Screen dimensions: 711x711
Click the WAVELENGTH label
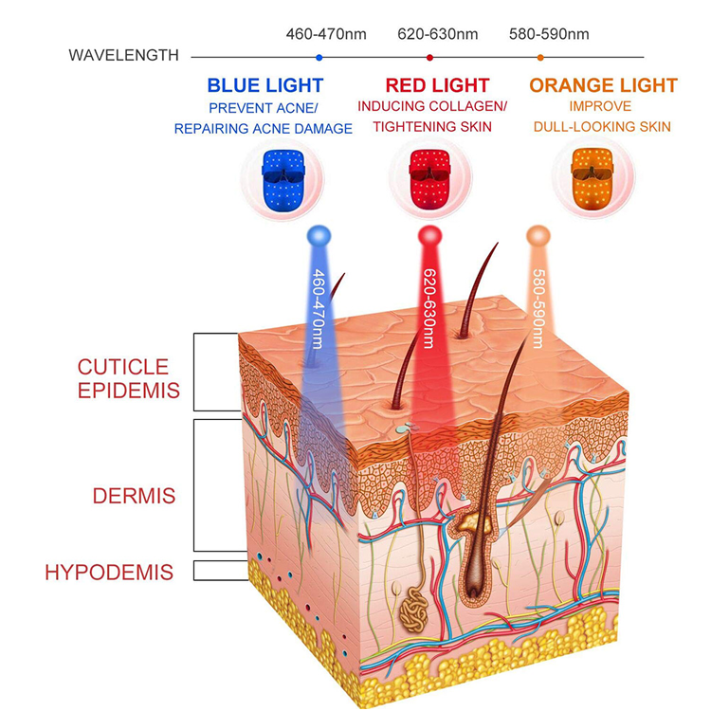(123, 55)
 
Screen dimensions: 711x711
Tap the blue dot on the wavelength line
(319, 58)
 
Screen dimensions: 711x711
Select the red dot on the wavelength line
(429, 58)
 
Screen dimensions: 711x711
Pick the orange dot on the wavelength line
(540, 58)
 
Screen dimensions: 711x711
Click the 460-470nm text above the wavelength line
(326, 34)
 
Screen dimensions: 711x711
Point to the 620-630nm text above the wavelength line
(438, 34)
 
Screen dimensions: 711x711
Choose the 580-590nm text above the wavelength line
(549, 34)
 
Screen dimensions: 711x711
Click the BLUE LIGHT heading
(265, 85)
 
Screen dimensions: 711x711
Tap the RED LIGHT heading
(438, 85)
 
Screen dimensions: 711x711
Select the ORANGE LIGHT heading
(603, 85)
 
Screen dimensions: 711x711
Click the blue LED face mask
(283, 180)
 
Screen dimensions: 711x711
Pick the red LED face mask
(429, 179)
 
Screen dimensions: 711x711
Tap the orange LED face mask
(592, 179)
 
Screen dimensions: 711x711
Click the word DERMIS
(135, 496)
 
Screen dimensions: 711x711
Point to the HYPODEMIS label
(109, 573)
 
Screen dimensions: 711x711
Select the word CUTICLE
(123, 367)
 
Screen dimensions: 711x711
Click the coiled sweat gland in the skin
(413, 611)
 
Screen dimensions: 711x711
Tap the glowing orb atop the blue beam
(319, 236)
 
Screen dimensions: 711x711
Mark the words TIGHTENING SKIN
(432, 126)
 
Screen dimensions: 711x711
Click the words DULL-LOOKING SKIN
(602, 126)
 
